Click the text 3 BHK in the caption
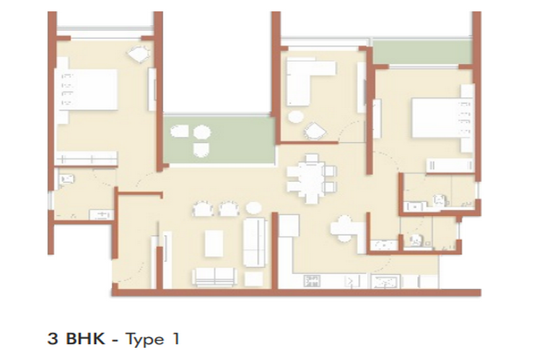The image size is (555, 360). coord(76,339)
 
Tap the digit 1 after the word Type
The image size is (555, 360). coord(175,339)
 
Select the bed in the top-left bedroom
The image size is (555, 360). coord(86,90)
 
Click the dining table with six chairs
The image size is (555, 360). coord(311,178)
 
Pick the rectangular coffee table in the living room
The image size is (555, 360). coord(214,243)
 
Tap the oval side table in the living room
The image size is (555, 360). coord(253,208)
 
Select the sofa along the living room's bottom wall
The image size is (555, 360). coord(214,276)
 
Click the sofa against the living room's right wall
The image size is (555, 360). coord(255,242)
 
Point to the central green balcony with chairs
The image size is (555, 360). coord(219,140)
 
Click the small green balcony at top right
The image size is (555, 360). coord(422,52)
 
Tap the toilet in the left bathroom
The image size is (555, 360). coord(66,180)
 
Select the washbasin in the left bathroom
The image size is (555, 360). coord(102,214)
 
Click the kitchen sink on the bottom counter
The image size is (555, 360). coord(385,281)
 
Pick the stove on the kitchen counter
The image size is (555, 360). coord(312,281)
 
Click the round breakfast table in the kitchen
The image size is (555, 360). coord(344,229)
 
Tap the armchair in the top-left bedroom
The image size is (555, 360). coord(139,54)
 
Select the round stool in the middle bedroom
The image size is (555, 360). coord(296,117)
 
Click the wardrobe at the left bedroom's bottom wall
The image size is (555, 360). coord(87,159)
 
